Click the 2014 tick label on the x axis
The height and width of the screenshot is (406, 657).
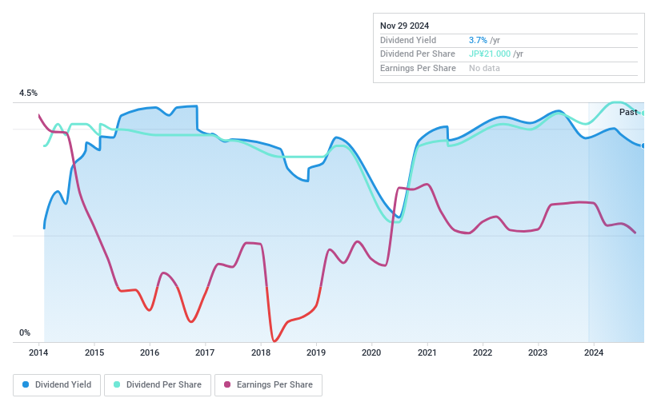tap(39, 352)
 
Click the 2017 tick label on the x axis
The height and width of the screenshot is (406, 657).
tap(205, 352)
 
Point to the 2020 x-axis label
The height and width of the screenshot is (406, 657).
tap(371, 352)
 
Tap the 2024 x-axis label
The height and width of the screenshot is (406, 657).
tap(593, 352)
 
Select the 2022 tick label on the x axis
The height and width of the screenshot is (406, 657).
tap(482, 352)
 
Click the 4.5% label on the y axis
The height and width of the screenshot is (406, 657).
tap(28, 94)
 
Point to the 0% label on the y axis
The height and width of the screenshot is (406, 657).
tap(25, 332)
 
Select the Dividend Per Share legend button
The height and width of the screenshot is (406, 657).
tap(158, 385)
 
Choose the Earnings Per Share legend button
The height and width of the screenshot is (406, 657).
tap(268, 385)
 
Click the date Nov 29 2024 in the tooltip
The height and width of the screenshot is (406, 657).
tap(404, 25)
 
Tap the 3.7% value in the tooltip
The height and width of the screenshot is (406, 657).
tap(478, 39)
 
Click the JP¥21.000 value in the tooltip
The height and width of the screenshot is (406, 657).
tap(489, 54)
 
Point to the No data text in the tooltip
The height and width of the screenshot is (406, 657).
tap(485, 68)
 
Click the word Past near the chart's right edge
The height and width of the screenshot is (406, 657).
tap(628, 112)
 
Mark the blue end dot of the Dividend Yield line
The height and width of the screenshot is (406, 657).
tap(643, 145)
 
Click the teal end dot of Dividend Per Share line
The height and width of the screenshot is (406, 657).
tap(643, 113)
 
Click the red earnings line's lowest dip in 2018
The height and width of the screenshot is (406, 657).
tap(274, 340)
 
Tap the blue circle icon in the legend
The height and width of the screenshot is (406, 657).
tap(26, 385)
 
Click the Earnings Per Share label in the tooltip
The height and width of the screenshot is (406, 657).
tap(418, 68)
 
